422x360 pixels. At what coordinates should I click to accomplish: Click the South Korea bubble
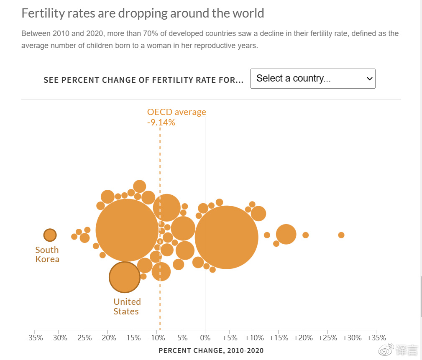[x=50, y=235]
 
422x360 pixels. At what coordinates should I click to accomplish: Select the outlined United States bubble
[x=124, y=277]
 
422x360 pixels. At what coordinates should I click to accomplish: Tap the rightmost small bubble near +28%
[x=341, y=235]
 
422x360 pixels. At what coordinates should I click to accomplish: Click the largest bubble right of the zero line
[x=226, y=237]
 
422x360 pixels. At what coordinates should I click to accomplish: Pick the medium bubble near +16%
[x=286, y=234]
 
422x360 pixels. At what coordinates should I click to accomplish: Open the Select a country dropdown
[x=312, y=79]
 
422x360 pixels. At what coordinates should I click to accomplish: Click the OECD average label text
[x=176, y=112]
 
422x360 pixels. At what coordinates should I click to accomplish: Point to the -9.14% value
[x=161, y=123]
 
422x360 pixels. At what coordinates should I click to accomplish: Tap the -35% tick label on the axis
[x=34, y=337]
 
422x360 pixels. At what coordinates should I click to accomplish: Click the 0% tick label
[x=205, y=337]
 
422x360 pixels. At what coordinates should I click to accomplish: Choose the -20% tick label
[x=107, y=337]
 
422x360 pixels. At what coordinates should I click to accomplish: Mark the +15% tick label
[x=279, y=337]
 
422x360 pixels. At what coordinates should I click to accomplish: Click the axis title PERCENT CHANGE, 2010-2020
[x=211, y=350]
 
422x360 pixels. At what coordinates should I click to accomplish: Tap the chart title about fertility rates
[x=143, y=13]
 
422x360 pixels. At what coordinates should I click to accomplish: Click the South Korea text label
[x=47, y=255]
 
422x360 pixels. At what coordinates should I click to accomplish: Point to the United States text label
[x=127, y=306]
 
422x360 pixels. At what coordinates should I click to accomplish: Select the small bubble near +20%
[x=305, y=235]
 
